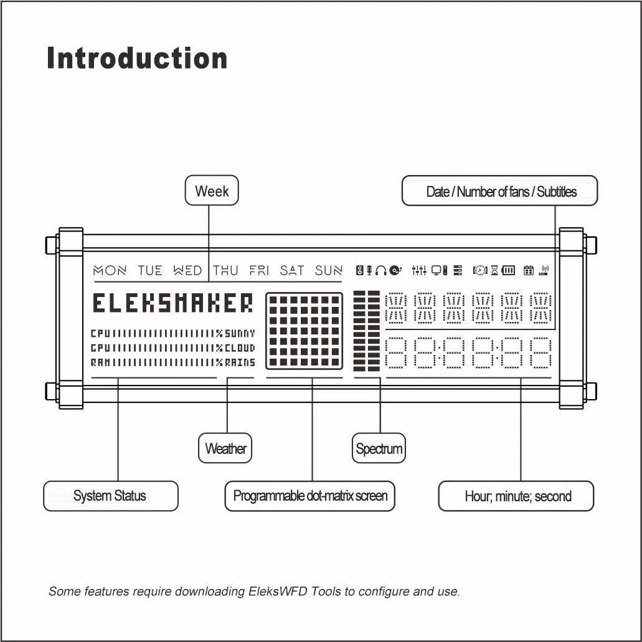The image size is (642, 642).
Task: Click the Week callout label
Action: tap(212, 191)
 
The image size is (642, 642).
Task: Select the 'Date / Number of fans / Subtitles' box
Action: tap(500, 191)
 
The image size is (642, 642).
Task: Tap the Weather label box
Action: tap(225, 448)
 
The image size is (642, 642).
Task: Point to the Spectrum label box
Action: tap(379, 448)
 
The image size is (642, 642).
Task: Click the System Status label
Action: tap(110, 496)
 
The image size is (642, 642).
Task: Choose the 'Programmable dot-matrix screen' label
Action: tap(309, 496)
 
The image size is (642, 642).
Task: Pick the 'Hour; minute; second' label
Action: tap(516, 496)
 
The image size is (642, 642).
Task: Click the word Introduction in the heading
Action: tap(137, 59)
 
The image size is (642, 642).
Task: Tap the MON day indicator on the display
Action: tap(110, 270)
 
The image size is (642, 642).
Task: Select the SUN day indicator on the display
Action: tap(328, 270)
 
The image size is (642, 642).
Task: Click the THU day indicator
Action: tap(225, 270)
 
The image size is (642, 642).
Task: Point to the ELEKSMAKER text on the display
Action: tap(173, 304)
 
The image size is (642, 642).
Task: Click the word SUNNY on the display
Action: tap(240, 333)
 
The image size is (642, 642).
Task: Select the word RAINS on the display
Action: tap(240, 362)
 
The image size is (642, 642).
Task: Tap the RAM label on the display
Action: tap(100, 362)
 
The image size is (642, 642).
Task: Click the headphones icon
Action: tap(380, 270)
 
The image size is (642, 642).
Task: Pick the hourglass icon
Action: tap(494, 270)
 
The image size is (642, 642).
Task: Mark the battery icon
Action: tap(509, 270)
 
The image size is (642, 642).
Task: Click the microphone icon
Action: tap(369, 270)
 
